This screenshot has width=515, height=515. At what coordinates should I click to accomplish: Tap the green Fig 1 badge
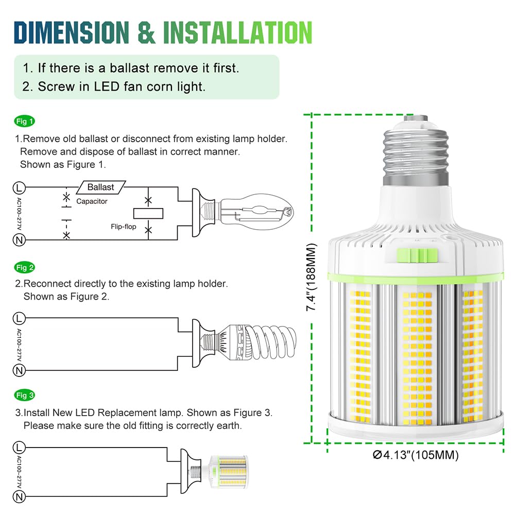pyautogui.click(x=25, y=122)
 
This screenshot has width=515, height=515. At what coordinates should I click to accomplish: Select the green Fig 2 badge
pyautogui.click(x=25, y=267)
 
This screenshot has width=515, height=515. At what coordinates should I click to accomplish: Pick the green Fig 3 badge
pyautogui.click(x=25, y=396)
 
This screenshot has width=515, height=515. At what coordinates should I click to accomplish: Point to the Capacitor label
pyautogui.click(x=92, y=201)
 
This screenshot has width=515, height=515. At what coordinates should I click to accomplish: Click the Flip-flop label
pyautogui.click(x=123, y=226)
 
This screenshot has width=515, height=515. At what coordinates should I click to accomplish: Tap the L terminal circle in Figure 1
pyautogui.click(x=19, y=186)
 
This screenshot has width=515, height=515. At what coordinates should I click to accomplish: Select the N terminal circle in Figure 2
pyautogui.click(x=19, y=370)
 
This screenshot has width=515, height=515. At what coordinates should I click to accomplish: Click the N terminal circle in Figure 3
pyautogui.click(x=19, y=497)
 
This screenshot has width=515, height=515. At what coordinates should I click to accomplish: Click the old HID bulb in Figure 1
pyautogui.click(x=255, y=212)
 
